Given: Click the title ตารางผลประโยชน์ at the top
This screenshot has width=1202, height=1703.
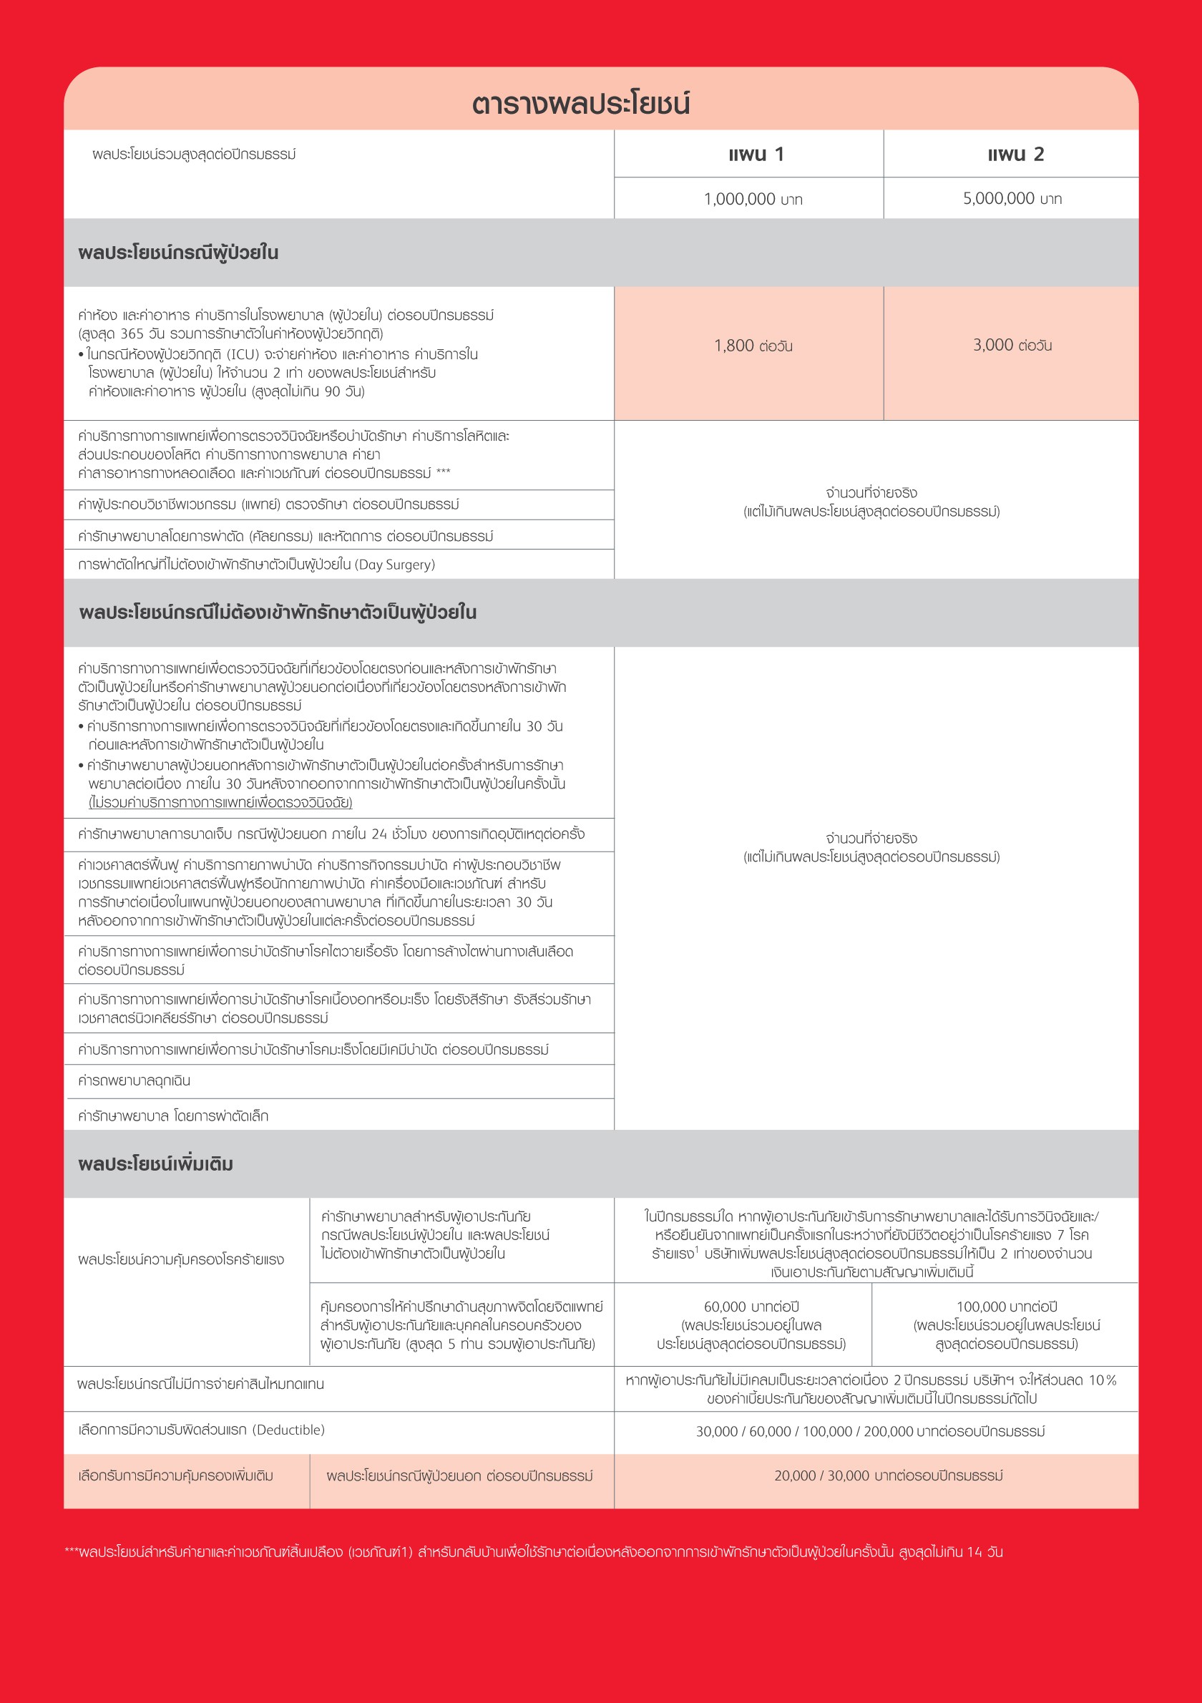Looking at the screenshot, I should pyautogui.click(x=580, y=104).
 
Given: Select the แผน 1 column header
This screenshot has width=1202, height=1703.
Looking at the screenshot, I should pyautogui.click(x=756, y=155).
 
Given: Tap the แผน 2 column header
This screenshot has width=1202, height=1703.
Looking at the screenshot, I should pyautogui.click(x=1015, y=155).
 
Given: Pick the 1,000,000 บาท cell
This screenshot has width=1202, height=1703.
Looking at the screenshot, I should pyautogui.click(x=753, y=199).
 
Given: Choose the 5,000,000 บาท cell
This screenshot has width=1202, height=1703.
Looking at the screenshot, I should pyautogui.click(x=1012, y=198).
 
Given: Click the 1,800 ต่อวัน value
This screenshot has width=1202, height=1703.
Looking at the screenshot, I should pyautogui.click(x=753, y=346).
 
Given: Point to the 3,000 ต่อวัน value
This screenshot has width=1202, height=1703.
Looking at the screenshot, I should pyautogui.click(x=1012, y=345).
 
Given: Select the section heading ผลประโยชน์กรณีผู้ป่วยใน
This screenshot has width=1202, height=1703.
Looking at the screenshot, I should pyautogui.click(x=178, y=253).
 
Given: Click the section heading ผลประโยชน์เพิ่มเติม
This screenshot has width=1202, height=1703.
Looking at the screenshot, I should pyautogui.click(x=156, y=1163).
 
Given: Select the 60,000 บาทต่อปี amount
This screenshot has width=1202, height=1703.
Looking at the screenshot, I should pyautogui.click(x=751, y=1306).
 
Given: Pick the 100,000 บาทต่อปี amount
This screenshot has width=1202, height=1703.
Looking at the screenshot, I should pyautogui.click(x=1006, y=1306).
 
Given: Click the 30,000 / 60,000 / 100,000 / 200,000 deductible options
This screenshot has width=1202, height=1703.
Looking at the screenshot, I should pyautogui.click(x=870, y=1431).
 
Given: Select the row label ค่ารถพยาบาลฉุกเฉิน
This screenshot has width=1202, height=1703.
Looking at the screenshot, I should pyautogui.click(x=135, y=1080).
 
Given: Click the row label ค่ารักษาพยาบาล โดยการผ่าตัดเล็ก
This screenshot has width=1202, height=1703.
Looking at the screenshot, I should pyautogui.click(x=172, y=1116).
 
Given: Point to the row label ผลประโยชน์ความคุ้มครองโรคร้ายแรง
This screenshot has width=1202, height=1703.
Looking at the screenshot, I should pyautogui.click(x=181, y=1259).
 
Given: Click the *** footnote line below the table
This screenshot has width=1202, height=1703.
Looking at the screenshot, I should pyautogui.click(x=534, y=1552).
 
